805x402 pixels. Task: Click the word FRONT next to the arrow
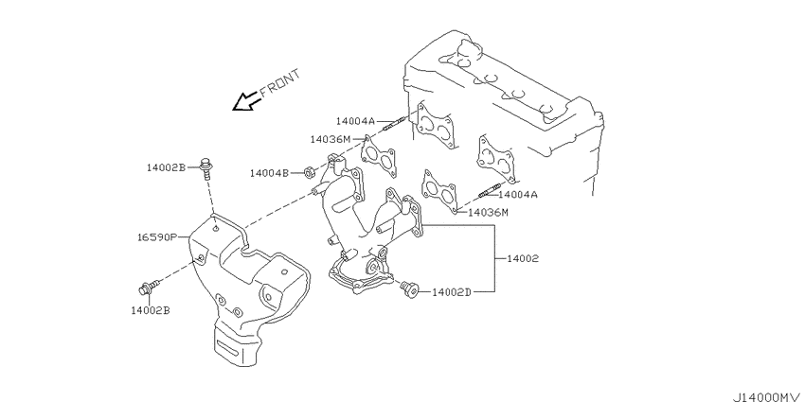(279, 82)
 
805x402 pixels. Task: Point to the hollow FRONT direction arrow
(245, 101)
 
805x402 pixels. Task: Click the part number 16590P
(157, 237)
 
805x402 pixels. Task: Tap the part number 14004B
(270, 173)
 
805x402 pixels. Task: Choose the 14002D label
(451, 292)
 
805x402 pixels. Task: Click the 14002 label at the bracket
(523, 259)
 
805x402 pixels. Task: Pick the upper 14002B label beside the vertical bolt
(166, 167)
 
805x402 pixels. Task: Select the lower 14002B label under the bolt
(151, 310)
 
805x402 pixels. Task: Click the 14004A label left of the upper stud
(356, 121)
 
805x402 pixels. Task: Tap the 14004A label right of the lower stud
(517, 195)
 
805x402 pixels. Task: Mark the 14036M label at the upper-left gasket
(331, 139)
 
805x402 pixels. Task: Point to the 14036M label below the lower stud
(489, 212)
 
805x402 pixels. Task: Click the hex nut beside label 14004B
(309, 173)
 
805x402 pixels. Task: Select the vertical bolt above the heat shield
(206, 168)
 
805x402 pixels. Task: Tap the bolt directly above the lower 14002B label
(149, 288)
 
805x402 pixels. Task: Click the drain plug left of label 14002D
(410, 288)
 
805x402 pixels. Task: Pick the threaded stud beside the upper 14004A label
(394, 123)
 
